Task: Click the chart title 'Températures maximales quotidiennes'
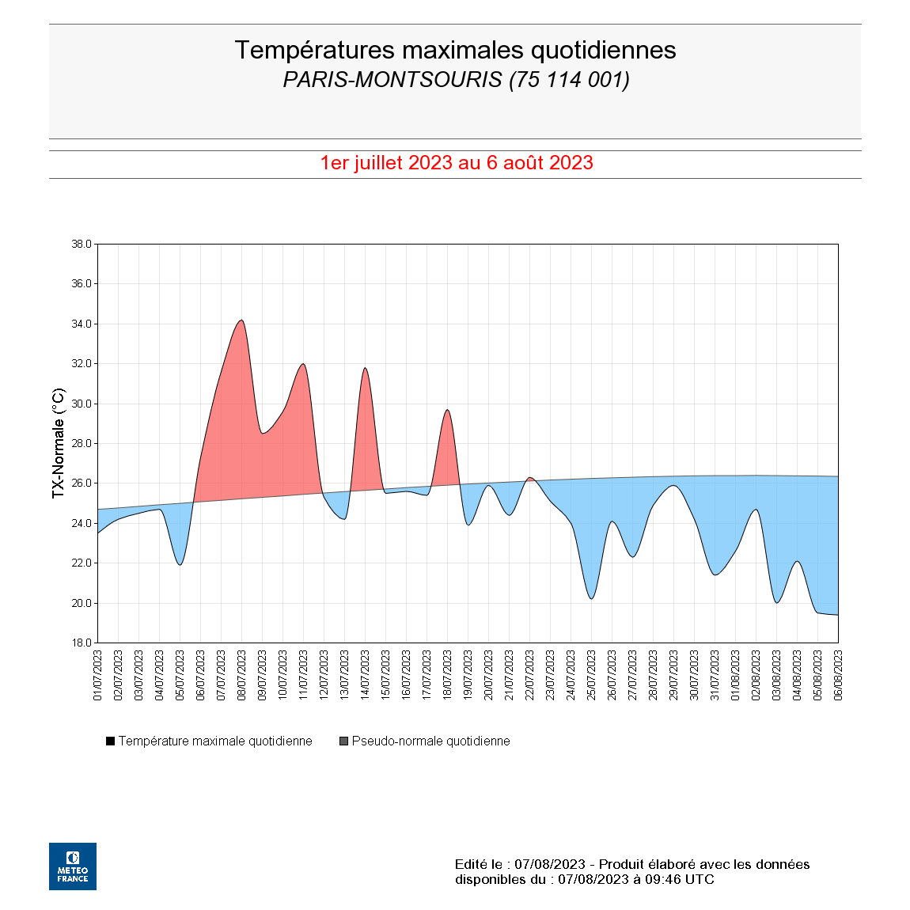[x=455, y=50]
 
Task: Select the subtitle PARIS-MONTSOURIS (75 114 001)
[x=456, y=80]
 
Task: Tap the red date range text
[x=457, y=162]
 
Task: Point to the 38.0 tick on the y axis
[x=82, y=245]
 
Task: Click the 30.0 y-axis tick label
[x=82, y=404]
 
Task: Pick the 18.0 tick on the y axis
[x=82, y=643]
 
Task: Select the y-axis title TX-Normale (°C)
[x=59, y=443]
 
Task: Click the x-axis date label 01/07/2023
[x=98, y=675]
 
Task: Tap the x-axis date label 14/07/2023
[x=366, y=675]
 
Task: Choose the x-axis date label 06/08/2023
[x=839, y=675]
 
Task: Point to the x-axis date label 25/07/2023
[x=592, y=675]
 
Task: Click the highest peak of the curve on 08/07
[x=241, y=320]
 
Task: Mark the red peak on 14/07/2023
[x=365, y=368]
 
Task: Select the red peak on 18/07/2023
[x=447, y=410]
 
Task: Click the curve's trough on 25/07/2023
[x=591, y=598]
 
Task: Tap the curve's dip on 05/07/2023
[x=180, y=564]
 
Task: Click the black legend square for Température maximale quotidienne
[x=111, y=741]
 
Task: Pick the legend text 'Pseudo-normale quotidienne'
[x=430, y=741]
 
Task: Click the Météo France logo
[x=73, y=866]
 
